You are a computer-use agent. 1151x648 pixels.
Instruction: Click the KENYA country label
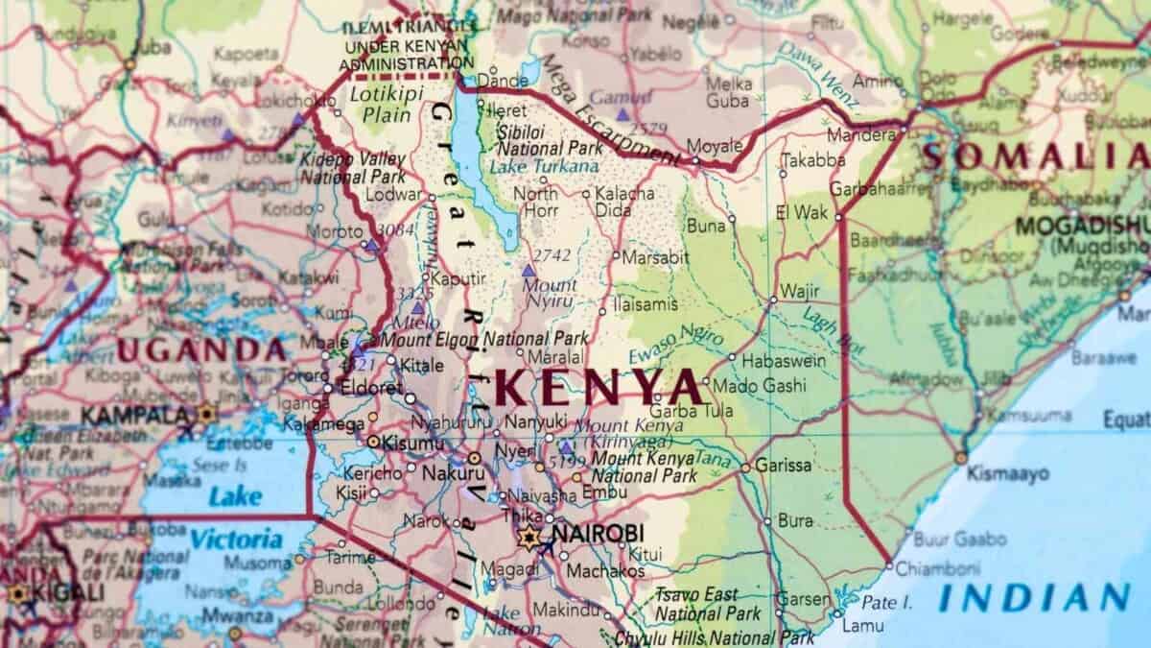coord(600,387)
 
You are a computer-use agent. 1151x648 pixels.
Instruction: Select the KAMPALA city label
coord(134,416)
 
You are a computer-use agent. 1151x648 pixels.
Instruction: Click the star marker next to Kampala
coord(205,415)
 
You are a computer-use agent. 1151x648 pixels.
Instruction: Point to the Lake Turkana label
coord(544,166)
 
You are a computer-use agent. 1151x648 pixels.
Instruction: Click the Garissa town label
coord(783,465)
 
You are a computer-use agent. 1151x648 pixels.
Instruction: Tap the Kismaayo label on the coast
coord(1007,473)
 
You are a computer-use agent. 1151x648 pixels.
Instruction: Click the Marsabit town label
coord(655,257)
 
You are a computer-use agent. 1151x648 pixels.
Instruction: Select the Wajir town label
coord(800,290)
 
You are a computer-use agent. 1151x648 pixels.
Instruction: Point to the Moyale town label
coord(716,147)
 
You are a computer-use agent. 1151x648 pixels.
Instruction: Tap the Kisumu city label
coord(412,443)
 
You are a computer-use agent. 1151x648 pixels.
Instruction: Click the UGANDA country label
coord(200,349)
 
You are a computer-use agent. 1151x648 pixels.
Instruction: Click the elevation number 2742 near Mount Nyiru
coord(551,254)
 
